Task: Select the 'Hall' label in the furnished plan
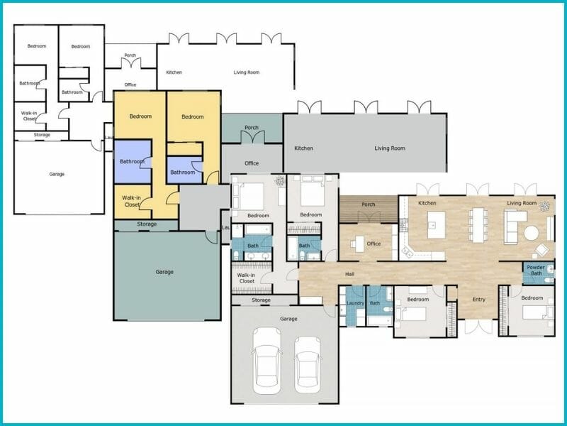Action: [x=349, y=273]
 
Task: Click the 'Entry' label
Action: [x=479, y=299]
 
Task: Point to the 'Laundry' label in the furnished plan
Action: [x=354, y=304]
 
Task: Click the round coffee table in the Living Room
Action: [x=532, y=232]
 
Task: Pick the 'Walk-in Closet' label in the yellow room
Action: [x=131, y=201]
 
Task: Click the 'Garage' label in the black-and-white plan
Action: [x=57, y=173]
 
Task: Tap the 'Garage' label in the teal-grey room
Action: [x=164, y=271]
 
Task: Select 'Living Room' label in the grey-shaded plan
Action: [x=390, y=148]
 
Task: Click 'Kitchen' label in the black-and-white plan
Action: [x=174, y=72]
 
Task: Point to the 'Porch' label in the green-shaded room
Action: [x=252, y=129]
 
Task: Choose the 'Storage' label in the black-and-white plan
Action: [x=42, y=134]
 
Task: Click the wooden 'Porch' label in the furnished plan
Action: [x=369, y=205]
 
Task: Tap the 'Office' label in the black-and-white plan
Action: [x=130, y=85]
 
